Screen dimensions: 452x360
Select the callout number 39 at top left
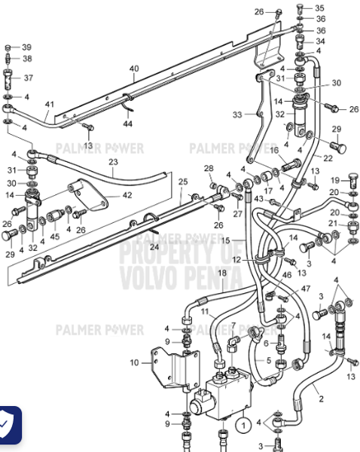click(26, 47)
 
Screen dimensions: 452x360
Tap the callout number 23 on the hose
click(113, 162)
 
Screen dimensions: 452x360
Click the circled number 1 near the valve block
click(243, 426)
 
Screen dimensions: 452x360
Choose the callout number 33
click(237, 115)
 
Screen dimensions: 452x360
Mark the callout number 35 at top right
click(319, 8)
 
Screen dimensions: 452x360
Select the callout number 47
click(305, 289)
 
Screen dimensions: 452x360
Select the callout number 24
click(154, 247)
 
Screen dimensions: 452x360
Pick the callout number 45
click(54, 236)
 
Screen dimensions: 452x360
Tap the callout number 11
click(204, 311)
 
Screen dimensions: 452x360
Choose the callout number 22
click(328, 158)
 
